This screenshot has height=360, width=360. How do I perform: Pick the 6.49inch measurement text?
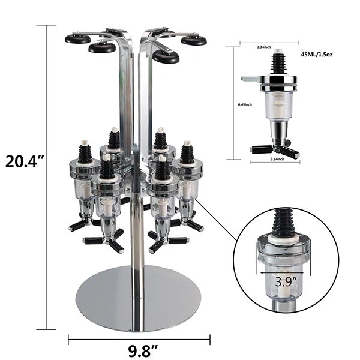(x=244, y=105)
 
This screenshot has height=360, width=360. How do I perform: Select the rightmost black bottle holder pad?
(x=194, y=40)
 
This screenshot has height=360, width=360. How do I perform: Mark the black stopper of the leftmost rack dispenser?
(x=85, y=152)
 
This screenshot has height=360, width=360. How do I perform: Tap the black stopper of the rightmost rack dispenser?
(x=187, y=152)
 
